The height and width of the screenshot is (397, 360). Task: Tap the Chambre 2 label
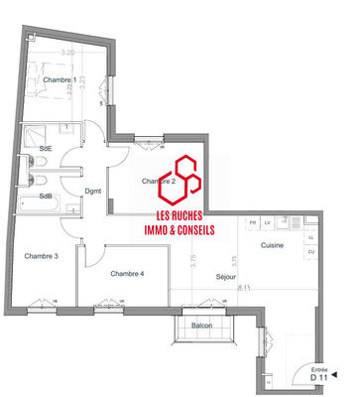(x=159, y=182)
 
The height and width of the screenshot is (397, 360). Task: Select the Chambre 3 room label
(x=42, y=256)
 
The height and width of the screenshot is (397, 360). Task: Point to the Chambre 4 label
(x=127, y=273)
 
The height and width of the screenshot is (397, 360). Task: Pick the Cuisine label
(x=274, y=244)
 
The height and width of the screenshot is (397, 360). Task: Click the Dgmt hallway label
(x=93, y=191)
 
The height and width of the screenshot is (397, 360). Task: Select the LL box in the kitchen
(x=311, y=238)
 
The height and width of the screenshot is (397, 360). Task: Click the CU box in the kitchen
(x=311, y=253)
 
